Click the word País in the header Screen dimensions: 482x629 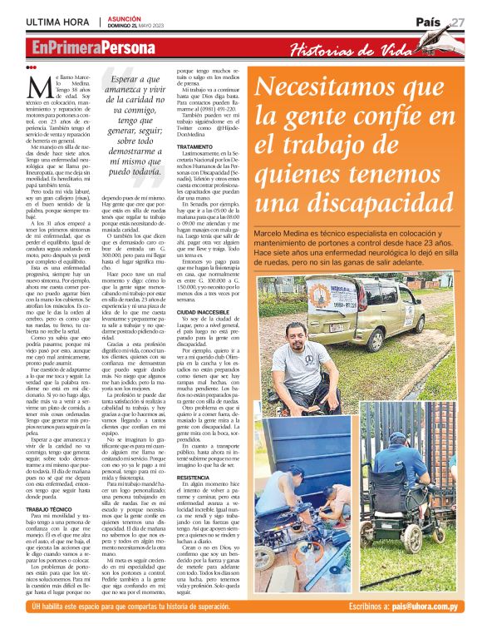coord(428,21)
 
